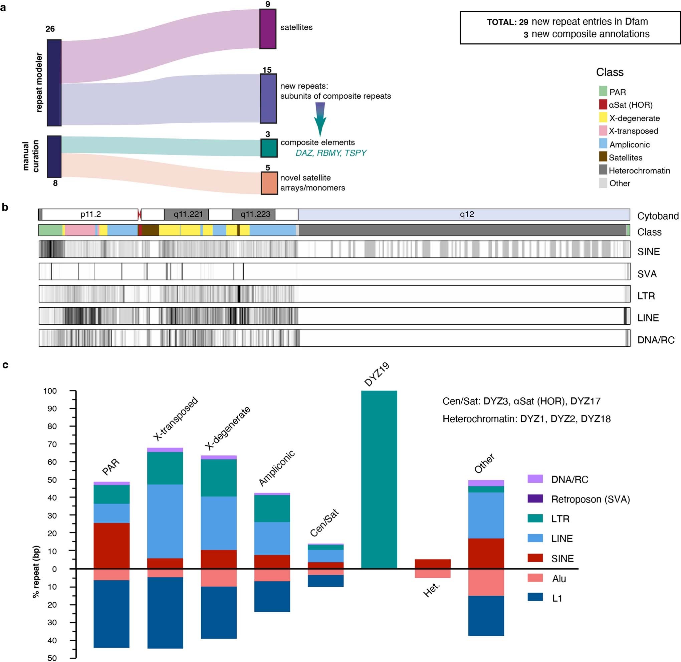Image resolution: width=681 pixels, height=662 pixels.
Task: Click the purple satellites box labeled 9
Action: (x=267, y=29)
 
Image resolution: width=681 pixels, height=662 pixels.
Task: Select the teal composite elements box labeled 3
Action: (x=269, y=148)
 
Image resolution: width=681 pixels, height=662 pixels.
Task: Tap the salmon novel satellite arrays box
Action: (x=269, y=183)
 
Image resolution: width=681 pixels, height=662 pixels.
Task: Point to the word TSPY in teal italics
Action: (x=355, y=153)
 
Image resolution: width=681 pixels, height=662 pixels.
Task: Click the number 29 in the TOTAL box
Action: (x=523, y=22)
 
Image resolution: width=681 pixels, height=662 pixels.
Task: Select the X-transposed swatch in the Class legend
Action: (x=603, y=131)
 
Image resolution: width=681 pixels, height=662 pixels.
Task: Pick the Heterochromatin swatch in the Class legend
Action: (x=603, y=170)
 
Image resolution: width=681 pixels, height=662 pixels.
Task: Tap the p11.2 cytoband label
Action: (x=90, y=214)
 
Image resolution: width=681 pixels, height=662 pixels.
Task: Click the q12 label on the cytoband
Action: (x=466, y=214)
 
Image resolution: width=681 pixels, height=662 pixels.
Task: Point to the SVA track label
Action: (x=647, y=274)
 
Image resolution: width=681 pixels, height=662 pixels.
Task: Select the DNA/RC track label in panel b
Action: (x=656, y=340)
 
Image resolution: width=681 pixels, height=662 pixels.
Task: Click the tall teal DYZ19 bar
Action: (x=379, y=480)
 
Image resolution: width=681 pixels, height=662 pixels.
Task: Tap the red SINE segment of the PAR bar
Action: (x=111, y=546)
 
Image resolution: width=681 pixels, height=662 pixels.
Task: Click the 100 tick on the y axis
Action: (x=50, y=391)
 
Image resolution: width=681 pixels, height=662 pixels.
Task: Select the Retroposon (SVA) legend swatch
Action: (x=535, y=499)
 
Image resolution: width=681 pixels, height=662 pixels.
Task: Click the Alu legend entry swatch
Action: (x=535, y=578)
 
